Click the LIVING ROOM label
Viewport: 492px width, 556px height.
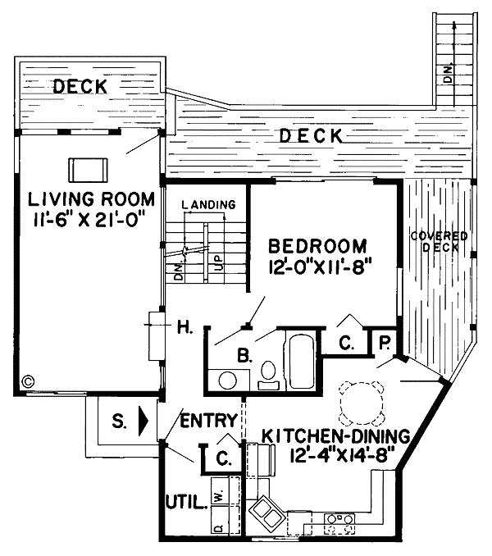[90, 199]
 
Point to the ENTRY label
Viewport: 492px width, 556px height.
[209, 421]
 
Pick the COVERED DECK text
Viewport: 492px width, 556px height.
[439, 242]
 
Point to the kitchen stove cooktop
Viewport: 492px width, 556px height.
[338, 518]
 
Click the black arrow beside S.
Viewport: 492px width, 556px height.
[144, 422]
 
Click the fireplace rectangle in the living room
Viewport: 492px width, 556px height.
[87, 168]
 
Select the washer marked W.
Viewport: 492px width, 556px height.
[218, 494]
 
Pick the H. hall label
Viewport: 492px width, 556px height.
[183, 330]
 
